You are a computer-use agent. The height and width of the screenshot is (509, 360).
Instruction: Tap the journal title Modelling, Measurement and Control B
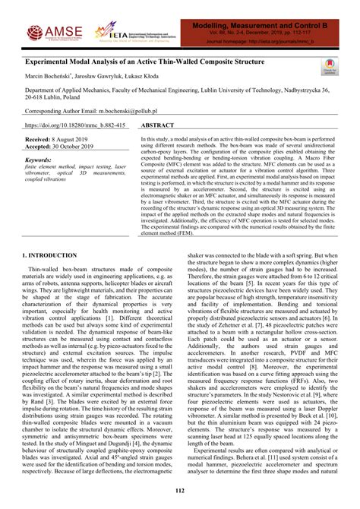(x=273, y=26)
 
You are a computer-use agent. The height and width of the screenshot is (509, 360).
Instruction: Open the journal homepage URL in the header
(x=287, y=42)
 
